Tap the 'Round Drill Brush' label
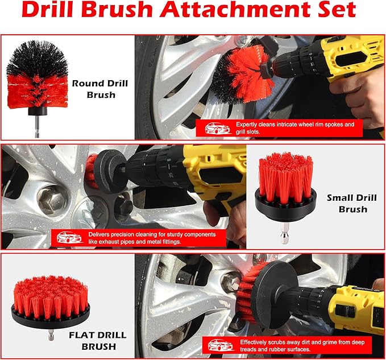pos(100,89)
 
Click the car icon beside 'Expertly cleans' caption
pos(214,128)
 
